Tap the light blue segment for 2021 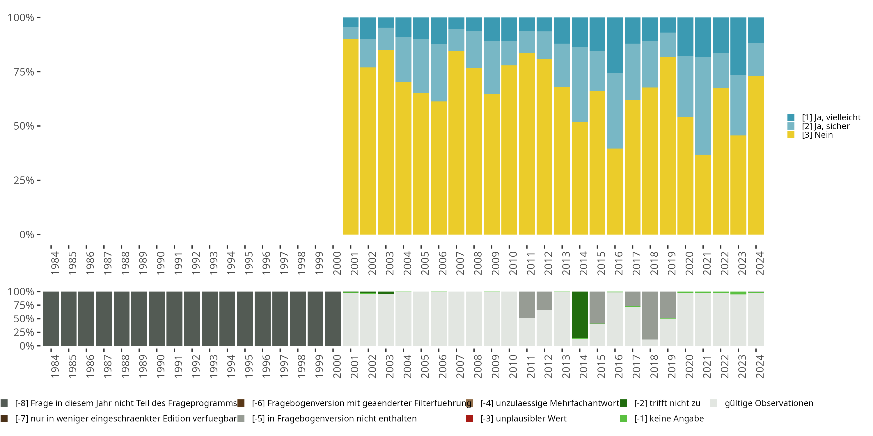point(703,106)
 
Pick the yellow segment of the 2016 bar point(615,191)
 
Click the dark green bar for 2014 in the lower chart point(579,315)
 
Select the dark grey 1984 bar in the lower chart point(51,319)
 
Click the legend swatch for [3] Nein point(791,135)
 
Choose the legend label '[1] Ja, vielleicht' point(831,117)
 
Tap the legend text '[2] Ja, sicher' point(826,126)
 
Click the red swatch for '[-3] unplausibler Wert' point(469,418)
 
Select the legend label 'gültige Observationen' point(769,403)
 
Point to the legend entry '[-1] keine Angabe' point(669,418)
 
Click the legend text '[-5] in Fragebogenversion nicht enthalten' point(334,418)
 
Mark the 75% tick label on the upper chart point(24,72)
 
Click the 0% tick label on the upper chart point(27,235)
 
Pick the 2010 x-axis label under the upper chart point(513,263)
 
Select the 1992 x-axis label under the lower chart point(196,366)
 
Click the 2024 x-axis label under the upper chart point(760,263)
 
